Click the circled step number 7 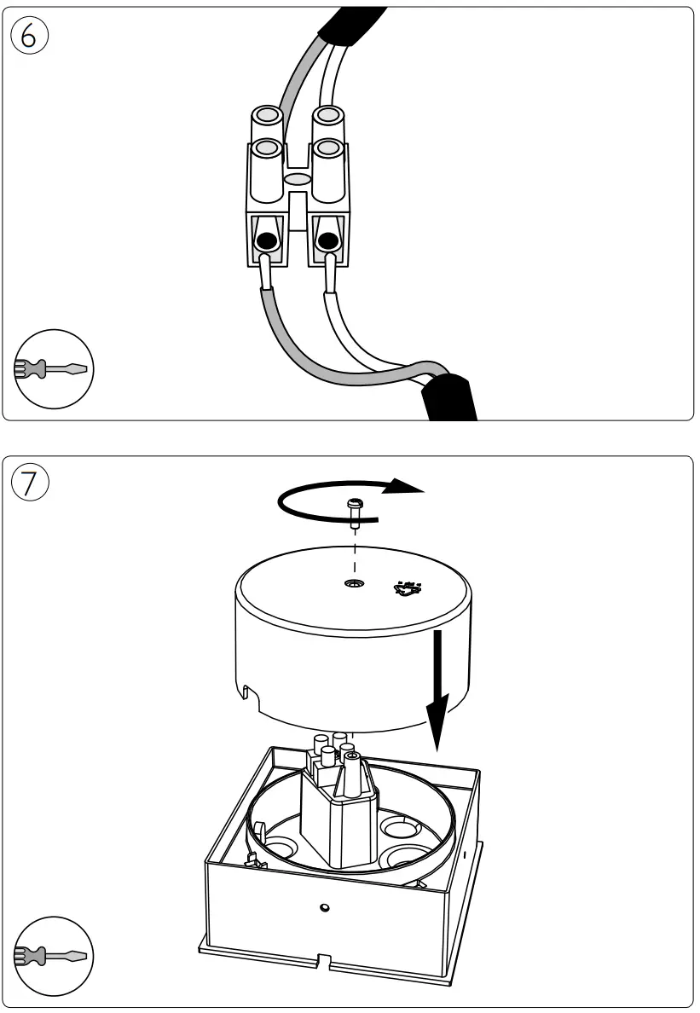point(30,483)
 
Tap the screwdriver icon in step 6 point(54,368)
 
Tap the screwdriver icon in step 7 point(54,956)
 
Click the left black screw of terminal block point(267,241)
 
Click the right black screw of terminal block point(327,241)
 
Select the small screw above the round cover point(354,510)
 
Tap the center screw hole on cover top point(353,584)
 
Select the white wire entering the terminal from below point(341,328)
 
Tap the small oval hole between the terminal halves point(298,180)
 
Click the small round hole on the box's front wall point(324,907)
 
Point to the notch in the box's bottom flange point(325,961)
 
